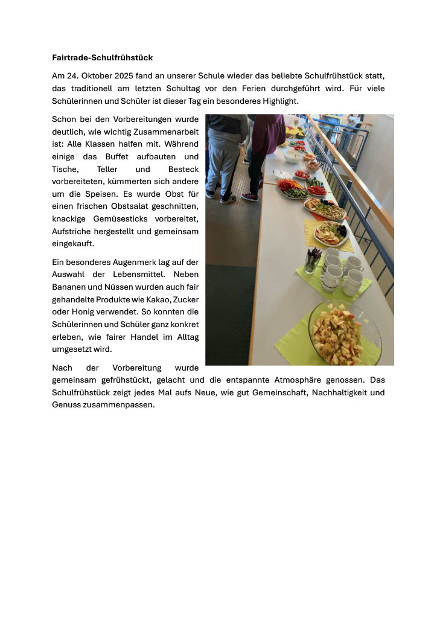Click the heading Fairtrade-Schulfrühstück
pyautogui.click(x=103, y=58)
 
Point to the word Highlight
pyautogui.click(x=276, y=101)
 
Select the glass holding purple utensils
pyautogui.click(x=313, y=261)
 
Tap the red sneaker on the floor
pyautogui.click(x=250, y=197)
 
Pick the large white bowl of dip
pyautogui.click(x=293, y=156)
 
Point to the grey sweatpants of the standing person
pyautogui.click(x=223, y=160)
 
